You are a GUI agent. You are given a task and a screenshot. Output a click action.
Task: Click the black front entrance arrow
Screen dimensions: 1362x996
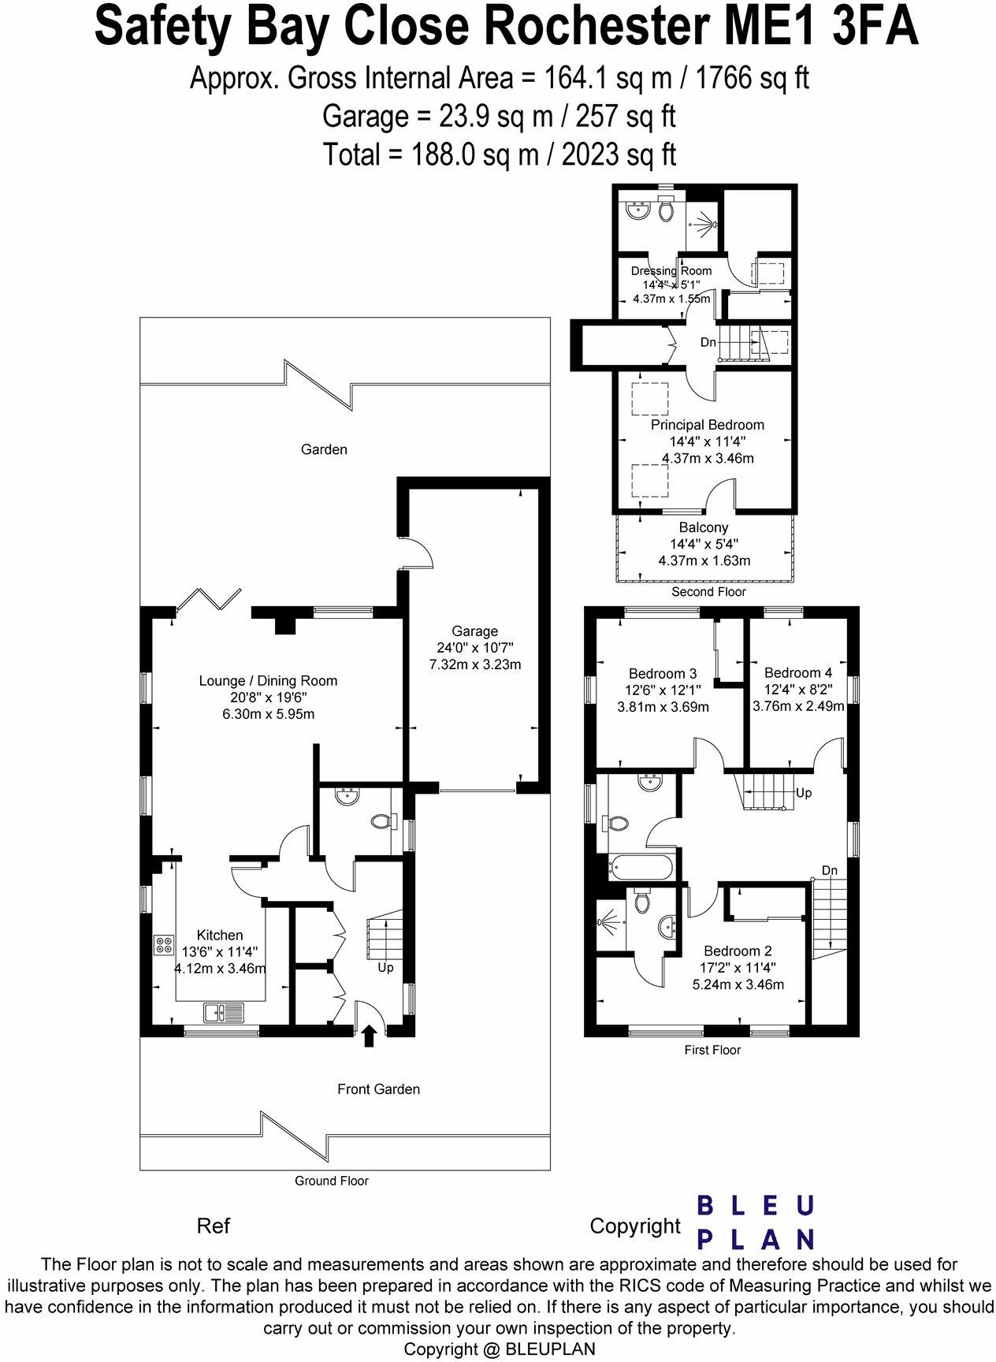coord(368,1036)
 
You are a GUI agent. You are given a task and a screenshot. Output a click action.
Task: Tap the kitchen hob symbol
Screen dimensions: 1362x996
coord(165,944)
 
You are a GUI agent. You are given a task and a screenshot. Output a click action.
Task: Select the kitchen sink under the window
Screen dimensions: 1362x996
coord(224,1011)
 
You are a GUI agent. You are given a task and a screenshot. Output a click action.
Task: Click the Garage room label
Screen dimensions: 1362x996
coord(474,631)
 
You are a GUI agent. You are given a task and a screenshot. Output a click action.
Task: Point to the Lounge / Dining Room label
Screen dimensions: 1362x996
coord(268,680)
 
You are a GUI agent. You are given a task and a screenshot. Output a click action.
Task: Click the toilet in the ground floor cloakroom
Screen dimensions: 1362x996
coord(381,821)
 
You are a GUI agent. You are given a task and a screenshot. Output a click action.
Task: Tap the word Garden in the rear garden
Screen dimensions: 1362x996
coord(324,449)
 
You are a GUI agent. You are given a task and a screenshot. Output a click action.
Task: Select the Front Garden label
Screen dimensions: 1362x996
coord(378,1088)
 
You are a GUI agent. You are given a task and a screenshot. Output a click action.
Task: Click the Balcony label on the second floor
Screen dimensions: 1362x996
coord(704,527)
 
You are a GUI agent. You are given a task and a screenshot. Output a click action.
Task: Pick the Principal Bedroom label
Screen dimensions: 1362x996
coord(707,425)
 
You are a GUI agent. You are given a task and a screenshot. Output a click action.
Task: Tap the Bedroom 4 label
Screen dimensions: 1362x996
coord(797,672)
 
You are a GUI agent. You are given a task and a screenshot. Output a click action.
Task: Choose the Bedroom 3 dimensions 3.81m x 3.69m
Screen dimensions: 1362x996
coord(663,707)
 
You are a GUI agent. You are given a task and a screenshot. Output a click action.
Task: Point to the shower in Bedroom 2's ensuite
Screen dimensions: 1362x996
coord(609,921)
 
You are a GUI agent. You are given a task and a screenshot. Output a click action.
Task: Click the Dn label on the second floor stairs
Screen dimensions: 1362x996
coord(708,343)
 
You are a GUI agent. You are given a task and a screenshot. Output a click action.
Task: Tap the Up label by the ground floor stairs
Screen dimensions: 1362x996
coord(385,967)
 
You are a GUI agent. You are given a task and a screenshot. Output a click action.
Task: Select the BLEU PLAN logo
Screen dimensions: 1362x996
coord(756,1222)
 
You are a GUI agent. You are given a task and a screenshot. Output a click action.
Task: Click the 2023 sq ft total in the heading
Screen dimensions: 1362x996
coord(618,154)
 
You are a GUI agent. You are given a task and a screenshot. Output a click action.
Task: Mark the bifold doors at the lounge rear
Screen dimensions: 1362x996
coord(210,599)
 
